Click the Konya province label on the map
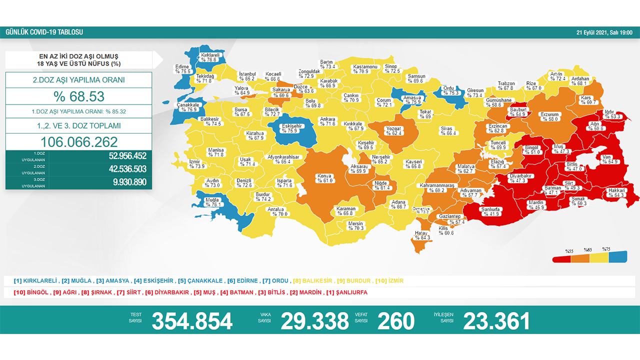(x=324, y=178)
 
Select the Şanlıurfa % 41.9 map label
(x=490, y=211)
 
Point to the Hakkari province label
(x=615, y=192)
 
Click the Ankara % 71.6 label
(x=328, y=121)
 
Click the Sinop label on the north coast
(x=391, y=68)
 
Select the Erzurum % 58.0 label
(x=549, y=116)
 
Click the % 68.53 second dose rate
(x=79, y=96)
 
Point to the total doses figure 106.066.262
(x=79, y=142)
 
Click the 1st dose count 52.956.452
(x=127, y=155)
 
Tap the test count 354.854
(x=192, y=321)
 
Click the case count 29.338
(x=314, y=321)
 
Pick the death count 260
(x=395, y=321)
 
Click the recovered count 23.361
(x=496, y=321)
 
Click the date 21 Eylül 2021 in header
(x=604, y=32)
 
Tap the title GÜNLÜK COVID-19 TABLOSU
(x=44, y=32)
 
